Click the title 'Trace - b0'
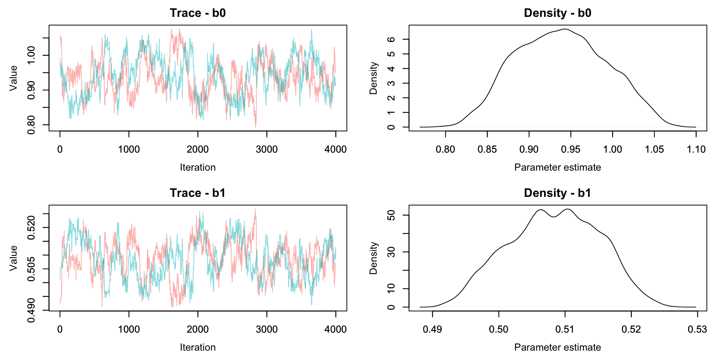pos(198,13)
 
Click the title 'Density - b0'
pos(558,13)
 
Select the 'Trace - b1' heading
pos(198,193)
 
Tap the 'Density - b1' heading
pos(558,193)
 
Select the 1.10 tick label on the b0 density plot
pos(696,149)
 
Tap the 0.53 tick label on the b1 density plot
pos(697,329)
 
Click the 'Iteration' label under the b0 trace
pos(198,167)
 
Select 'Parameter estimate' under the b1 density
pos(558,347)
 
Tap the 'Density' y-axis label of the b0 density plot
pos(373,78)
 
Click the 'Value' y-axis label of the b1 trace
pos(13,258)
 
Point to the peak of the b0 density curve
pos(565,29)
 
